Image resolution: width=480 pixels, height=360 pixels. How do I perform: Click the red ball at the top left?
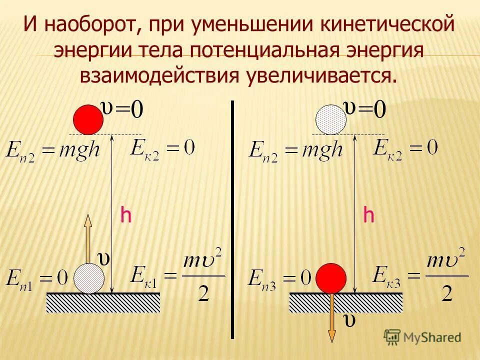[x=88, y=120]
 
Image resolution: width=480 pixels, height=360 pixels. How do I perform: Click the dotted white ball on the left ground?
[x=89, y=278]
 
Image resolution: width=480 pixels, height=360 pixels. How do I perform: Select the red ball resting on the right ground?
[x=331, y=278]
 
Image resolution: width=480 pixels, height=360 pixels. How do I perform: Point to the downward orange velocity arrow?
[x=331, y=320]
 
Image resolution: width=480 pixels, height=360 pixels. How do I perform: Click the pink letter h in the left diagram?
[x=125, y=216]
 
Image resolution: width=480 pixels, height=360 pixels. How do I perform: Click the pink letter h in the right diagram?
[x=368, y=216]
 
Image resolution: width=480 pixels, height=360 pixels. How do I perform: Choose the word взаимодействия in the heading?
[x=158, y=76]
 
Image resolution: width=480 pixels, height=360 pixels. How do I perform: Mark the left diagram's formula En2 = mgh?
[x=53, y=148]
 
